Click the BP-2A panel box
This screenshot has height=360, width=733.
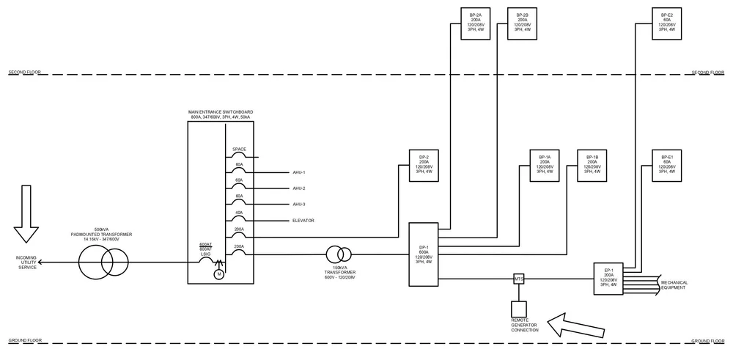[x=476, y=23]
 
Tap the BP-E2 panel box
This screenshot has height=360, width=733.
[x=666, y=23]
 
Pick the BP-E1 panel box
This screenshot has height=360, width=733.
[x=666, y=166]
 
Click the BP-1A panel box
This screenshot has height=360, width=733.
[x=545, y=166]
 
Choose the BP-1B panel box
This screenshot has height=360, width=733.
[x=592, y=166]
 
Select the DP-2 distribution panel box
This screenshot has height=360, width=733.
[x=424, y=166]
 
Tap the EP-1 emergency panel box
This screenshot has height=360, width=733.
[x=608, y=279]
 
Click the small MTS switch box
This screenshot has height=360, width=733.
[x=519, y=279]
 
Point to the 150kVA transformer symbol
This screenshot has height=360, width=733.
[x=339, y=254]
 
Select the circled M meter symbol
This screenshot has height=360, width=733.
[x=218, y=274]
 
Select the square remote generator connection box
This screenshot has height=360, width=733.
[x=519, y=309]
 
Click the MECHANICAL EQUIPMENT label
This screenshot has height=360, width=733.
[x=674, y=284]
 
